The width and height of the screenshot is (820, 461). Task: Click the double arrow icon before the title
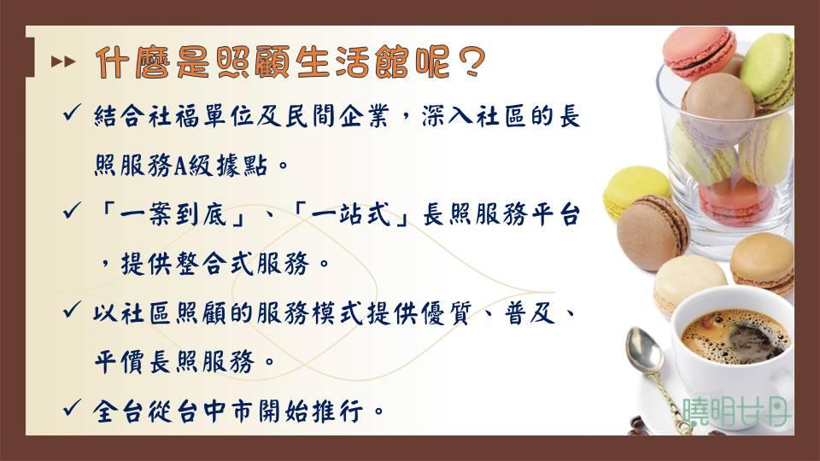pos(63,61)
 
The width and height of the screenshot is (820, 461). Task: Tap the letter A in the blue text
pos(180,166)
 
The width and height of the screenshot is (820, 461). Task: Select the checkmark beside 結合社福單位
pos(72,113)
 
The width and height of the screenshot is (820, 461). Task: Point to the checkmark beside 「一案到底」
pos(72,211)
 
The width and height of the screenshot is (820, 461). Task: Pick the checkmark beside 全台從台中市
pos(72,407)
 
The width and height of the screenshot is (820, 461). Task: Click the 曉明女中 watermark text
pos(736,411)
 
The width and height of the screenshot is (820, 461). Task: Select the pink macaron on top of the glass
pos(700,52)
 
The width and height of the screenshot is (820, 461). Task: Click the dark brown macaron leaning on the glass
pos(653,232)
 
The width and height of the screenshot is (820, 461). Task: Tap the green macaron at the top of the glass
pos(768,71)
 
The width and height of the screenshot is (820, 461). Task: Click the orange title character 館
pos(393,62)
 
